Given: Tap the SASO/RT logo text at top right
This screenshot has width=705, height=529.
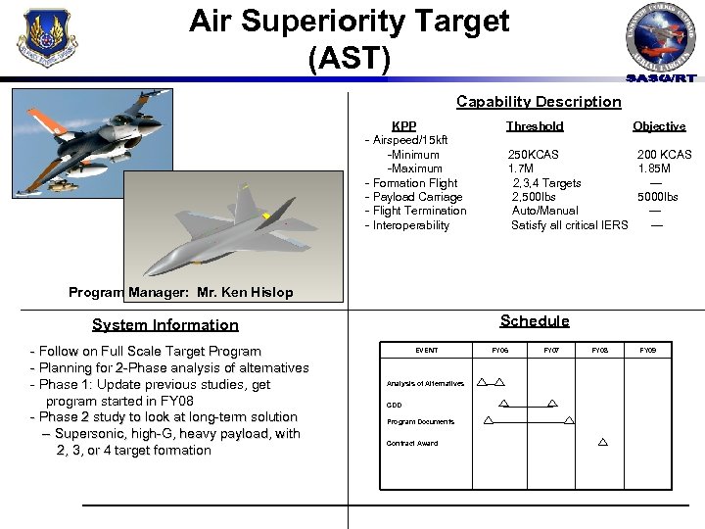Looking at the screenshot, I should (x=661, y=78).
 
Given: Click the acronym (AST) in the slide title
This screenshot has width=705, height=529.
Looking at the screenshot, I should (x=349, y=59).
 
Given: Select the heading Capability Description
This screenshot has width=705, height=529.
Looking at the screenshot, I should (x=539, y=102).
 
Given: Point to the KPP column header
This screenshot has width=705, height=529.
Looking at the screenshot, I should (x=403, y=126).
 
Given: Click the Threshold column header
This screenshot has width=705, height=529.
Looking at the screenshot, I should (x=535, y=126).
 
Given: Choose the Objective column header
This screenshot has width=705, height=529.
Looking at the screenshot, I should (x=659, y=126).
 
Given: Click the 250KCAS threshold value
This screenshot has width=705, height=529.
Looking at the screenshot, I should (x=534, y=155).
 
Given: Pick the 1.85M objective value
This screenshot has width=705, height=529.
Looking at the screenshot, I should (x=655, y=168).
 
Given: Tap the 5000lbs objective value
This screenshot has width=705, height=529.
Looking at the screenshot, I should (x=657, y=197).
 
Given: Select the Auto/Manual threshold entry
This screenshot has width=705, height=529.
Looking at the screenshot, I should (x=544, y=211).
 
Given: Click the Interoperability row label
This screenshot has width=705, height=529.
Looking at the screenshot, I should (x=407, y=225).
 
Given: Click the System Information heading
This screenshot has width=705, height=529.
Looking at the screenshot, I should (x=165, y=325).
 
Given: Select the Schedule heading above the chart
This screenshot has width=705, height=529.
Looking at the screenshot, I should (x=535, y=321).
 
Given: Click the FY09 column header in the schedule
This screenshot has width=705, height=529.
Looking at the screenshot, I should (x=648, y=350).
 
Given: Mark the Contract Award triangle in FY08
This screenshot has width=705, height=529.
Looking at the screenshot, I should (x=602, y=443).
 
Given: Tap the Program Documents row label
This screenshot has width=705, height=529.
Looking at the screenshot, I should (x=421, y=422).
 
